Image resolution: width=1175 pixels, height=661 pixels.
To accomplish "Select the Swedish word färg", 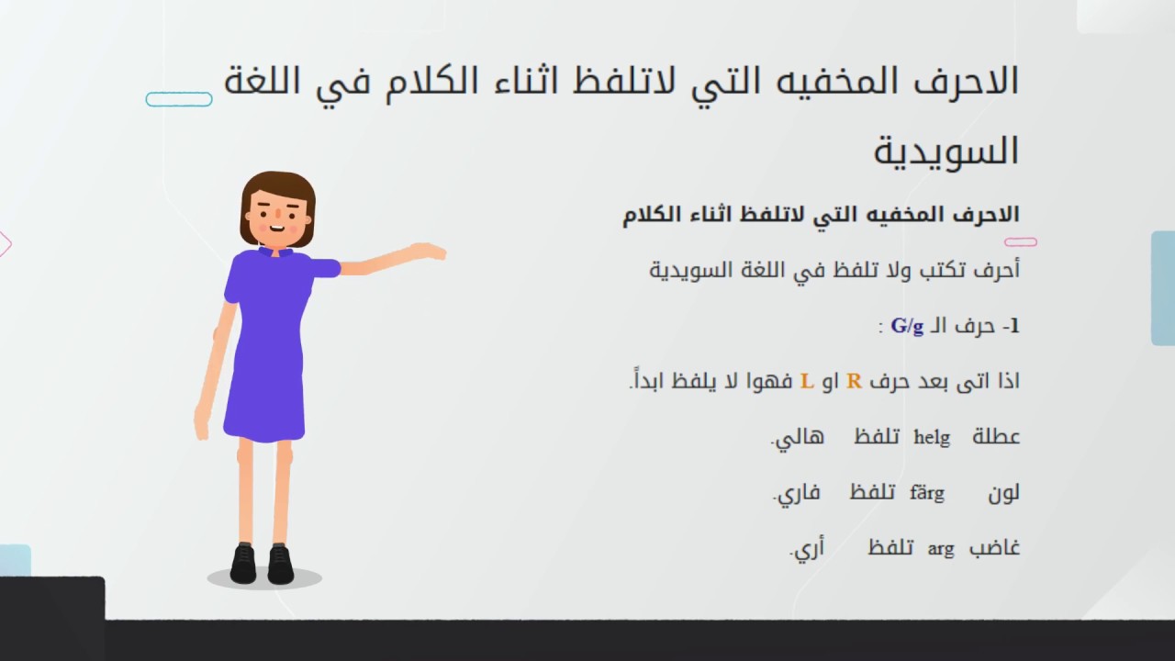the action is tap(927, 493).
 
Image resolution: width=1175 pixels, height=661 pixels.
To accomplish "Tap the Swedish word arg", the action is tap(941, 549).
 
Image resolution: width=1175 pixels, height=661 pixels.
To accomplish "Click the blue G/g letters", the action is tap(907, 326).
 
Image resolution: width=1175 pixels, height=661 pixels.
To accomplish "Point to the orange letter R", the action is tap(854, 381).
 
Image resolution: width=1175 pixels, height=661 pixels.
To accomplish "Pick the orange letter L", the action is tap(807, 381).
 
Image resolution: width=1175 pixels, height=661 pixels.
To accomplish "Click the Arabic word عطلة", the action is tap(996, 436).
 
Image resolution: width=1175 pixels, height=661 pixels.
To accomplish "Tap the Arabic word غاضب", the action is tap(994, 548).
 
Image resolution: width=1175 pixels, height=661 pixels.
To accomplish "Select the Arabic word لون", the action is tap(1003, 493).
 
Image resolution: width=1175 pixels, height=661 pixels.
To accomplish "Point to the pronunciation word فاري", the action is tap(797, 494).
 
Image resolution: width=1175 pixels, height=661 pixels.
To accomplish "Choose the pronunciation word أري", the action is tap(807, 548).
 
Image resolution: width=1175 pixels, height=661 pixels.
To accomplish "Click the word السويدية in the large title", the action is tap(946, 151).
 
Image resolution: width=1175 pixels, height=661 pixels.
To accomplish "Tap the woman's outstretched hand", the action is tap(428, 252).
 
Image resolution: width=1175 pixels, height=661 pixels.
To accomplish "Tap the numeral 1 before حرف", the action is tap(1015, 326).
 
